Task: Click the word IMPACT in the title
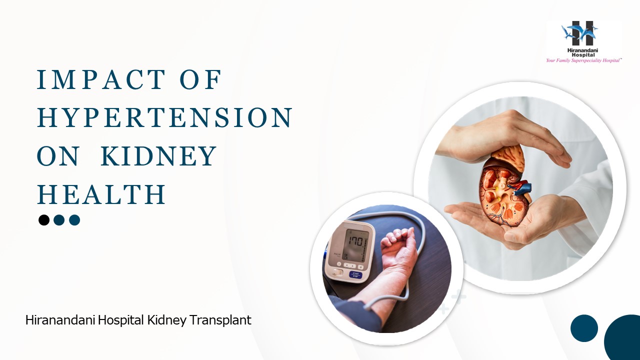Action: (x=101, y=80)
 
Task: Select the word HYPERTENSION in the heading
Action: (x=164, y=118)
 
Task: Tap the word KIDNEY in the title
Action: (x=159, y=156)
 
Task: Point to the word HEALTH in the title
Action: (x=101, y=194)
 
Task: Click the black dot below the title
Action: (x=44, y=220)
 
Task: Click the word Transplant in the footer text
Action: (x=220, y=320)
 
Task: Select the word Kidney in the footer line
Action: (x=167, y=320)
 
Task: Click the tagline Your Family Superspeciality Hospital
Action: (x=583, y=60)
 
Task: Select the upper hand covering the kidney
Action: (x=505, y=135)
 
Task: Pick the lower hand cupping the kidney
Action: (x=515, y=220)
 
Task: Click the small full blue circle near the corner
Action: (x=584, y=328)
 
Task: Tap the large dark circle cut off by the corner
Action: (x=624, y=340)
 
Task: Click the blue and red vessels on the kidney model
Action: (x=520, y=188)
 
